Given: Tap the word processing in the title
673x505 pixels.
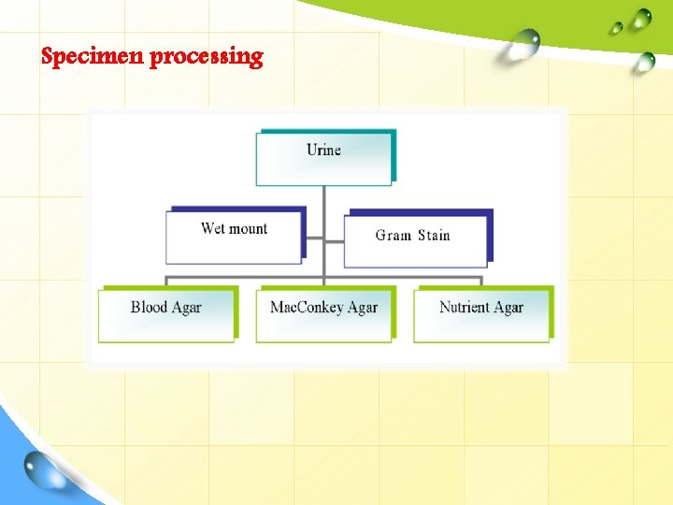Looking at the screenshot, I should (x=207, y=57).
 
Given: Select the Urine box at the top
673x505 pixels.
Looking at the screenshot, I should (x=324, y=157).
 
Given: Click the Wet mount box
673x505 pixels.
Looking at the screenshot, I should (x=234, y=236).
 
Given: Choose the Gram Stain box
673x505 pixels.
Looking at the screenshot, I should (x=415, y=241).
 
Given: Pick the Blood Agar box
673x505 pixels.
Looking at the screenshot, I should (x=166, y=314).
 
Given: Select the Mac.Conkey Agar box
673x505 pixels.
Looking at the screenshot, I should (x=323, y=314).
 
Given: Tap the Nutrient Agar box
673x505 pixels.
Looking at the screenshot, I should (x=481, y=314).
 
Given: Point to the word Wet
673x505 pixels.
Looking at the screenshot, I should (x=213, y=228).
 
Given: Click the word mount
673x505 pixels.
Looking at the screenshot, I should (x=248, y=229).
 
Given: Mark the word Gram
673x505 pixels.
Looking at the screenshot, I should (x=393, y=236).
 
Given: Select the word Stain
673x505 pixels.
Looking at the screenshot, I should (x=434, y=236).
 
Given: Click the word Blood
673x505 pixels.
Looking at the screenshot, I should (x=149, y=307).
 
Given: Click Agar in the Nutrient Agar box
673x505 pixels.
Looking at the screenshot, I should (x=508, y=308).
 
